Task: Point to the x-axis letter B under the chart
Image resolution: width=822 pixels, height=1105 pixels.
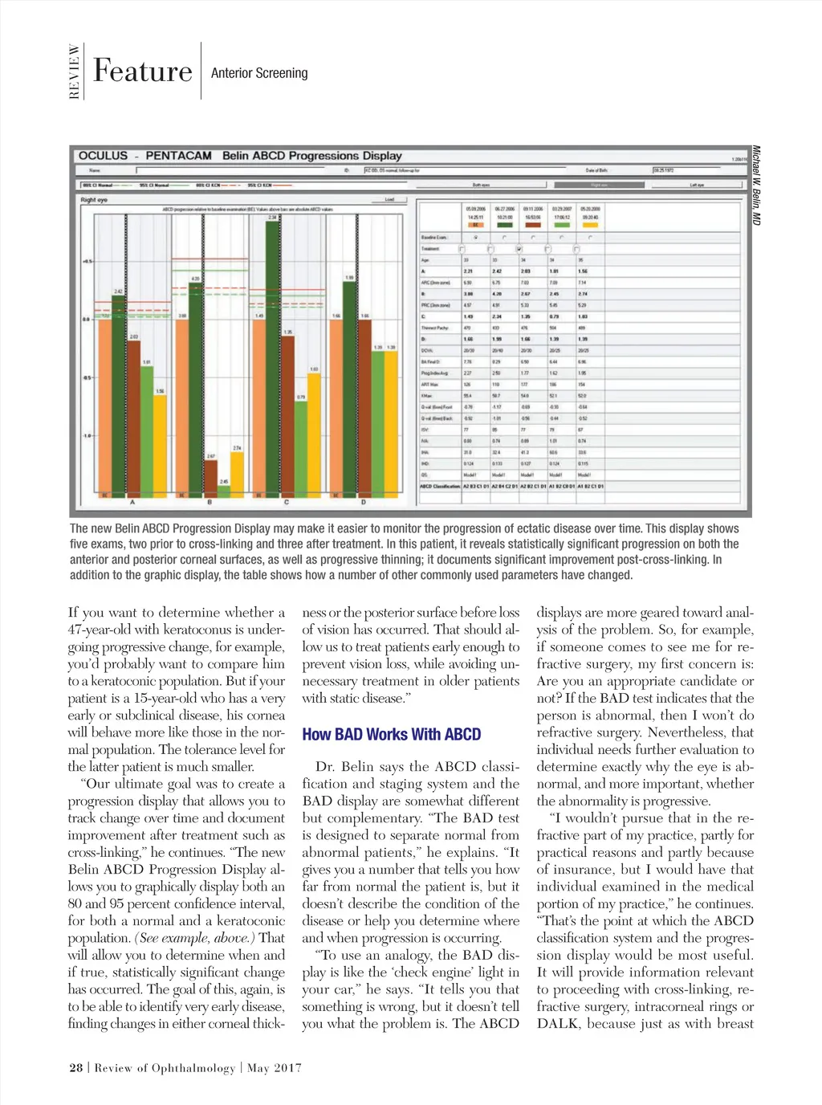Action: pyautogui.click(x=210, y=503)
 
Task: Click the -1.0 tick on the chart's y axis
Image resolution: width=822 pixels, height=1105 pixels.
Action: pyautogui.click(x=87, y=436)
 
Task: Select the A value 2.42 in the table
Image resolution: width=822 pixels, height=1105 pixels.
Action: pyautogui.click(x=497, y=271)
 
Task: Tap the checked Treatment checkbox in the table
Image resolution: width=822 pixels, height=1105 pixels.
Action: pyautogui.click(x=519, y=249)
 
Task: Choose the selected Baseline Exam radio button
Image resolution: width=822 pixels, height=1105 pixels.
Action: pyautogui.click(x=476, y=238)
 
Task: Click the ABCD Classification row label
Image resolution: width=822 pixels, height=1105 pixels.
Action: pyautogui.click(x=440, y=486)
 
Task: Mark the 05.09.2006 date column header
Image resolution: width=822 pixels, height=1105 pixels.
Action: pyautogui.click(x=476, y=209)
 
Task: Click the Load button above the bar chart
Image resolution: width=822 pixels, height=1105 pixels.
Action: pyautogui.click(x=390, y=199)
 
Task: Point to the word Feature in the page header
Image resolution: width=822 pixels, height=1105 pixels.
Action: pyautogui.click(x=142, y=71)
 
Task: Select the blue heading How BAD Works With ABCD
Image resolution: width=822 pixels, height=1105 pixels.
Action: pyautogui.click(x=391, y=734)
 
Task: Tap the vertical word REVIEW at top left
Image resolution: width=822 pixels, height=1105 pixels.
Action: pyautogui.click(x=75, y=71)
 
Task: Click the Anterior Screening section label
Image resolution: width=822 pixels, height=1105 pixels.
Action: pyautogui.click(x=259, y=73)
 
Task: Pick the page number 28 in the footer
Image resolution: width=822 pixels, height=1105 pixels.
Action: pyautogui.click(x=75, y=1067)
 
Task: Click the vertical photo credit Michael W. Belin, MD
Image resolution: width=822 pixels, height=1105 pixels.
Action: pyautogui.click(x=755, y=185)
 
